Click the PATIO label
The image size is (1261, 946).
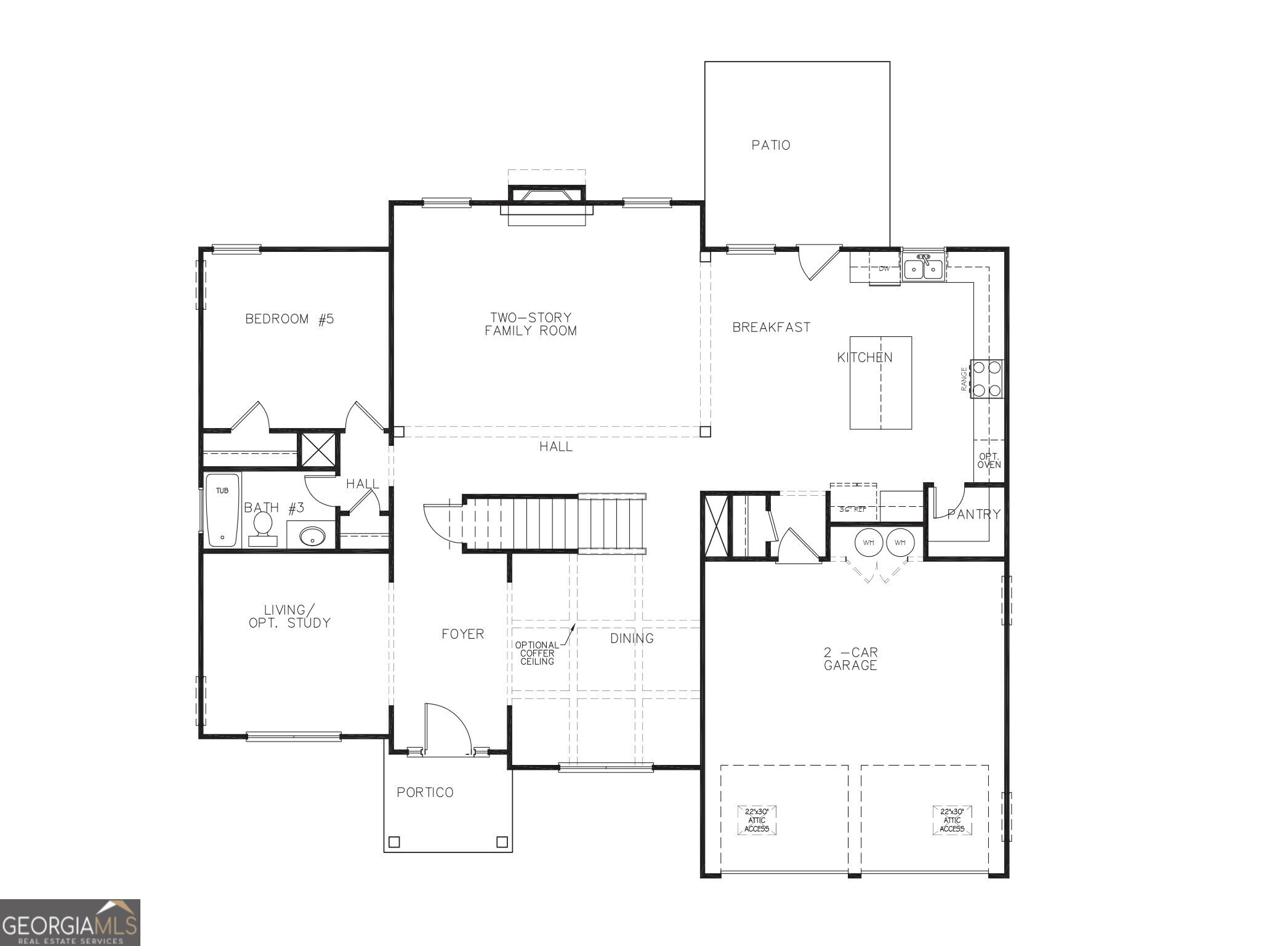pyautogui.click(x=770, y=145)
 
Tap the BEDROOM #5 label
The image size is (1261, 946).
pyautogui.click(x=289, y=319)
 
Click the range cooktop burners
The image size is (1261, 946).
pyautogui.click(x=986, y=379)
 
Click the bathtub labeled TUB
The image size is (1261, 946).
pyautogui.click(x=222, y=510)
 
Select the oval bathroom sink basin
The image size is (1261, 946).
pyautogui.click(x=312, y=536)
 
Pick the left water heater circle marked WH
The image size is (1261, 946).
pyautogui.click(x=869, y=543)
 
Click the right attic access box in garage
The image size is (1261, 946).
pyautogui.click(x=952, y=820)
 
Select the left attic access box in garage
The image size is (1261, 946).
pyautogui.click(x=757, y=820)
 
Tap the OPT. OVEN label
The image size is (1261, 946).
pyautogui.click(x=989, y=461)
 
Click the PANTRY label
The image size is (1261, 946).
pyautogui.click(x=973, y=514)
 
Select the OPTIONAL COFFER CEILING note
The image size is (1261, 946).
pyautogui.click(x=537, y=653)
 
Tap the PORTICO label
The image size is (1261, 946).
pyautogui.click(x=425, y=793)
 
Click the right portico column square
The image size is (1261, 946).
pyautogui.click(x=502, y=841)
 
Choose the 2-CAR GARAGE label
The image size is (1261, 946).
pyautogui.click(x=850, y=658)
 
